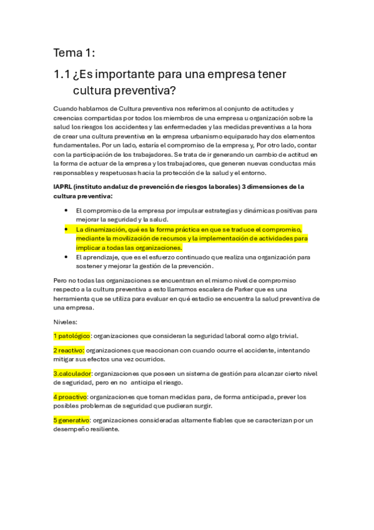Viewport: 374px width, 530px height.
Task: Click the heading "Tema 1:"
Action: [x=74, y=52]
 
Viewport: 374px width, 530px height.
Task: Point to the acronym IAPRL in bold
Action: [x=64, y=186]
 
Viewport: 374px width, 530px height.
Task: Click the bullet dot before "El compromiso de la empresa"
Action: [x=67, y=211]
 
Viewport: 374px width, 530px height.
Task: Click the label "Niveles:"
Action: [x=66, y=322]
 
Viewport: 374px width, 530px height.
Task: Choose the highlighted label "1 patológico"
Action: [x=72, y=336]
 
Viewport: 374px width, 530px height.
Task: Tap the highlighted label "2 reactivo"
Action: [x=69, y=350]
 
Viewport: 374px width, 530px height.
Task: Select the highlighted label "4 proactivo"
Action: [x=71, y=397]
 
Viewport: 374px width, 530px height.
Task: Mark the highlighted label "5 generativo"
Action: [x=72, y=420]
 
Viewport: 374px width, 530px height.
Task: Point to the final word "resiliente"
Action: [x=101, y=429]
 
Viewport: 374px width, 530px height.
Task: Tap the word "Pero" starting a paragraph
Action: [x=61, y=281]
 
